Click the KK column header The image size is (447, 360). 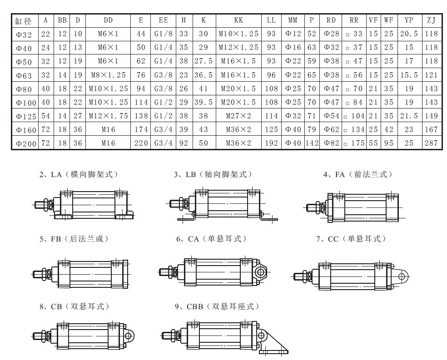238,20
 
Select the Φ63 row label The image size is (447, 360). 23,76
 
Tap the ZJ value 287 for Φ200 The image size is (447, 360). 431,143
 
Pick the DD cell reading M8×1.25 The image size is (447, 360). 108,75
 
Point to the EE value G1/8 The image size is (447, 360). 164,34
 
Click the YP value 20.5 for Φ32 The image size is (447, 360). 409,34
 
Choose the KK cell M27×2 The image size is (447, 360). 238,116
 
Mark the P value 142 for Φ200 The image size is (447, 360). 312,143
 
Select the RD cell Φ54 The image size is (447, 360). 331,116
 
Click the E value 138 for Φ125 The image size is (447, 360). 141,116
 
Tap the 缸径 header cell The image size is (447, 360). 23,21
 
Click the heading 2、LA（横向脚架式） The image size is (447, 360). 79,174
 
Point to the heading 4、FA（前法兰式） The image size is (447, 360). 358,174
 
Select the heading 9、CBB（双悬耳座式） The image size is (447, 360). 217,306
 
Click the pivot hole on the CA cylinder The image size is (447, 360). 261,272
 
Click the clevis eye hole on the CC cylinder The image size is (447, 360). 402,276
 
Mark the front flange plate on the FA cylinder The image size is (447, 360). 330,208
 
